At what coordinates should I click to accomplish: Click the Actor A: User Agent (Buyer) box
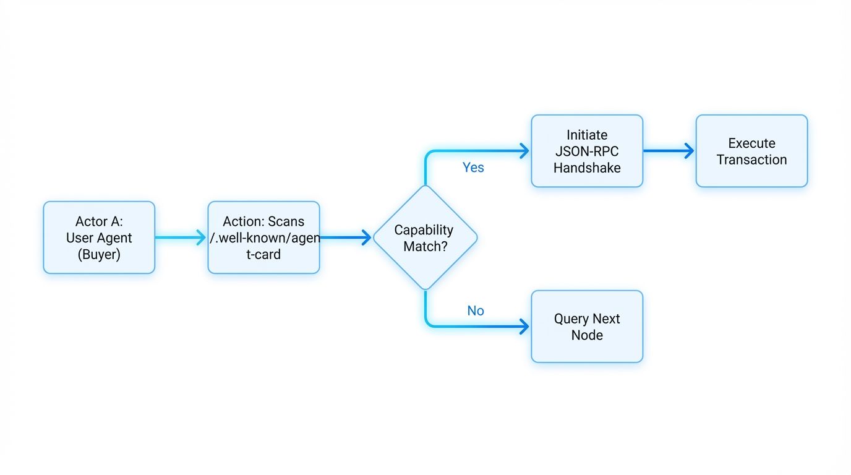click(x=99, y=237)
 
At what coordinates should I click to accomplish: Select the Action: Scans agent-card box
click(x=263, y=237)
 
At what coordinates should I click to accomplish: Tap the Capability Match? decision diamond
click(x=425, y=237)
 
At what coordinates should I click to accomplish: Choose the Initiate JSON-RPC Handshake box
click(x=587, y=151)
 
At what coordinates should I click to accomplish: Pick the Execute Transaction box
click(x=751, y=151)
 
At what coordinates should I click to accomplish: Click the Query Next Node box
click(x=587, y=327)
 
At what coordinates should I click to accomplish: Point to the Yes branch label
click(x=473, y=168)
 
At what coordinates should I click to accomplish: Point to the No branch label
click(x=475, y=311)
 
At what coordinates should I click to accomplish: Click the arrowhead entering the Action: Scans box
click(x=201, y=237)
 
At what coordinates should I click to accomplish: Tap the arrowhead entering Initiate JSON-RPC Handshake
click(x=524, y=151)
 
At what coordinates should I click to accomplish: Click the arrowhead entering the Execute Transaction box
click(x=689, y=151)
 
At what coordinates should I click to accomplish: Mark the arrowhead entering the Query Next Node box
click(x=524, y=327)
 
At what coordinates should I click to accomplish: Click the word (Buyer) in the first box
click(x=99, y=254)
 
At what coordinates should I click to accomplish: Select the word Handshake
click(x=587, y=168)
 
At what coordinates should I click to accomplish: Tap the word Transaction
click(x=751, y=160)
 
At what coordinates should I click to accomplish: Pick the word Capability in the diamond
click(x=424, y=230)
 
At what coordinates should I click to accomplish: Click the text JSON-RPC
click(x=587, y=151)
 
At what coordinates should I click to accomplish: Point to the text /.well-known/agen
click(x=265, y=238)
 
